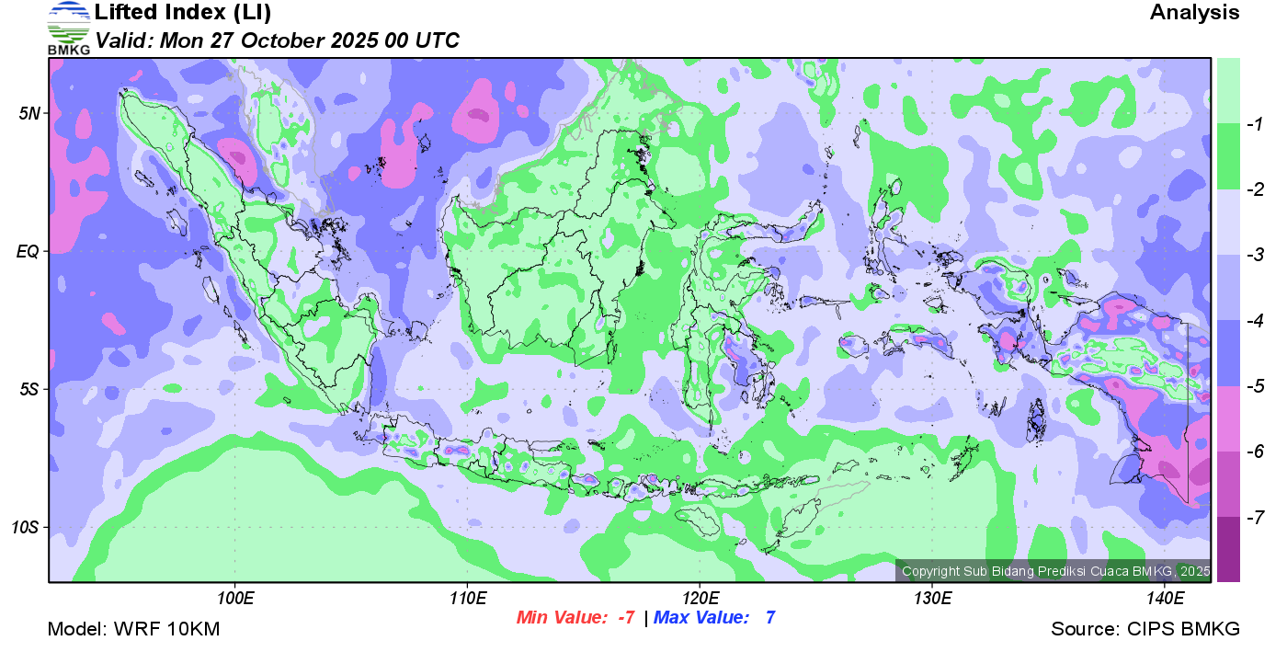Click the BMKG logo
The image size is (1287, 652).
point(69,28)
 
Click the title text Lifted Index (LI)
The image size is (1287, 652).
point(183,13)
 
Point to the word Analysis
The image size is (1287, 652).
point(1194,13)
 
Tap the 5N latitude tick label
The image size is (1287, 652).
point(29,114)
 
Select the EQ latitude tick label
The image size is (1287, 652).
point(28,251)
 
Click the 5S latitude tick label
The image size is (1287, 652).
point(29,389)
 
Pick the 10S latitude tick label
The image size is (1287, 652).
point(26,528)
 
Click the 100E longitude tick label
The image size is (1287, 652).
point(235,600)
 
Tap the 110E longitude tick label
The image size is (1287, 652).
point(468,600)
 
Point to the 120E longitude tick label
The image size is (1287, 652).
point(700,600)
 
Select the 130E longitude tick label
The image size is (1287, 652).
point(932,600)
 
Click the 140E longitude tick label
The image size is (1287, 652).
point(1165,600)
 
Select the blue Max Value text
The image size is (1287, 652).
point(714,618)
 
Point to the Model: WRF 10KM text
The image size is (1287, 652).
point(133,630)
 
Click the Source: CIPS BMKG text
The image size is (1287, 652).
point(1145,630)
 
